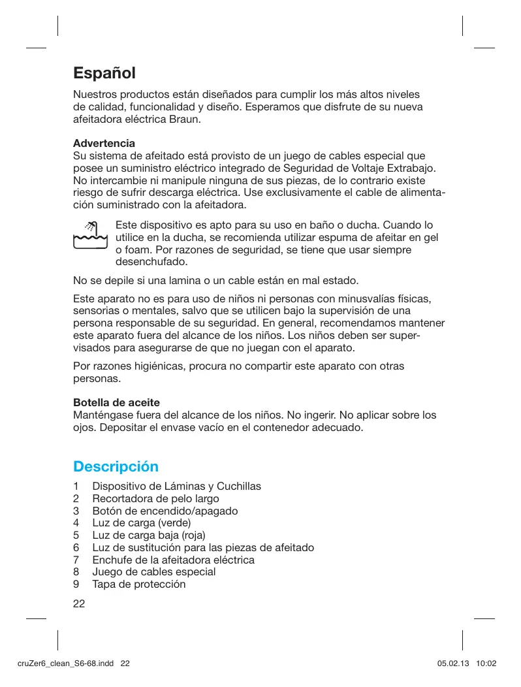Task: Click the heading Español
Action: tap(104, 73)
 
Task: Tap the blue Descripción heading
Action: tap(116, 467)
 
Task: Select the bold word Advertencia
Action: tap(104, 142)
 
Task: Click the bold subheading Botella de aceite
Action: tap(116, 402)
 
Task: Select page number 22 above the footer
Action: tap(79, 603)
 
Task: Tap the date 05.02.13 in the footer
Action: tap(452, 664)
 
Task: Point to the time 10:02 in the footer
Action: tap(487, 664)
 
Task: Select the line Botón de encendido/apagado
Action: tap(165, 511)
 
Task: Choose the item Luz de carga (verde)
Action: tap(141, 523)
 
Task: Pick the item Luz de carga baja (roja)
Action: tap(148, 535)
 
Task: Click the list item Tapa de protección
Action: tap(138, 584)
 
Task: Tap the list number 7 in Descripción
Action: tap(76, 560)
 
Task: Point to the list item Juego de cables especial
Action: tap(153, 572)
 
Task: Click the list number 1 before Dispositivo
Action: tap(76, 487)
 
